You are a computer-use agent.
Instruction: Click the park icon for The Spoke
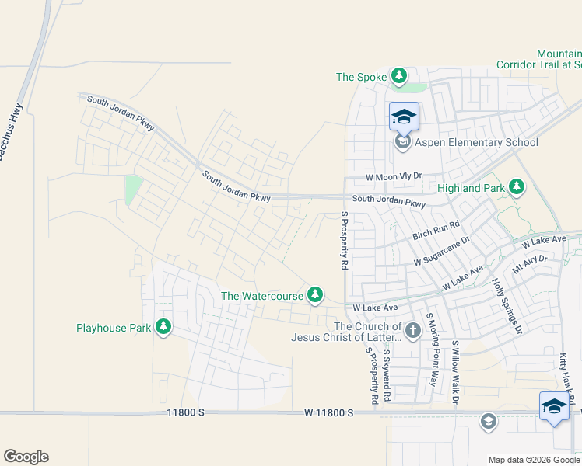(x=399, y=76)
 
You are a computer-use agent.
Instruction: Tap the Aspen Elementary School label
(x=477, y=142)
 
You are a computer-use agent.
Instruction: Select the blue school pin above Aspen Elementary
(x=404, y=117)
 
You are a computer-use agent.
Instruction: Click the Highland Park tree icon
(x=516, y=187)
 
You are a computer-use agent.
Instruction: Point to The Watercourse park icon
(x=315, y=295)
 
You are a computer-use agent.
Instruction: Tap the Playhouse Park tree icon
(x=163, y=327)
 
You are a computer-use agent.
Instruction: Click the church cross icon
(x=412, y=332)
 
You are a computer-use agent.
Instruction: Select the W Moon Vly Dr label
(x=387, y=177)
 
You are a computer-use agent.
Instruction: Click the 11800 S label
(x=184, y=414)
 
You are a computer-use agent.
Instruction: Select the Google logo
(x=26, y=457)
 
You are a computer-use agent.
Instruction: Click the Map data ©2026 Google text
(x=533, y=460)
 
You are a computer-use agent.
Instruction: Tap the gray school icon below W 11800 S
(x=488, y=422)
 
